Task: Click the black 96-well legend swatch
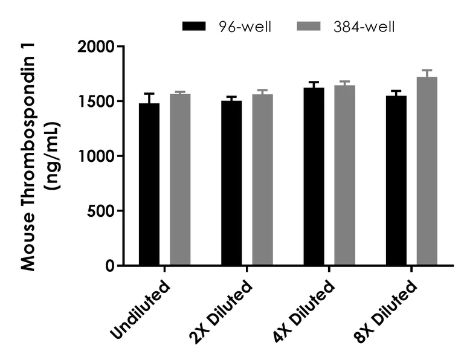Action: click(x=195, y=27)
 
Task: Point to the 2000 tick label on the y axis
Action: click(x=97, y=47)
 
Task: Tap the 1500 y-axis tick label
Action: click(x=97, y=101)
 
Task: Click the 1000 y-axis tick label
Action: click(x=97, y=156)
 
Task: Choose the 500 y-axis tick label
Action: click(x=101, y=211)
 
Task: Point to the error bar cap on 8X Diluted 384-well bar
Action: click(x=427, y=70)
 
